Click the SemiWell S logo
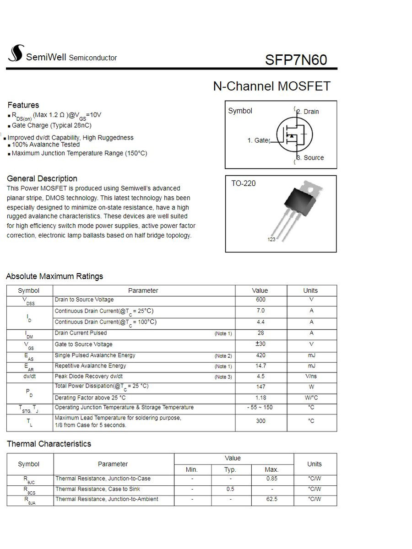(15, 54)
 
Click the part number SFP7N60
(296, 60)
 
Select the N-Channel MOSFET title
(271, 86)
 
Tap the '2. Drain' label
(308, 112)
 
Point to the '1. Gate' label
(258, 140)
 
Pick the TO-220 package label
(244, 183)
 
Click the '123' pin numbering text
(271, 240)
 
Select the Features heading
(23, 105)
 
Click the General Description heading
(42, 178)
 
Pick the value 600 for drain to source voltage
(260, 300)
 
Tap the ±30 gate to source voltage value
(260, 344)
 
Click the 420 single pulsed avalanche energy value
(260, 355)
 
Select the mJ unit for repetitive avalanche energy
(311, 366)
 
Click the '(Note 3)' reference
(223, 377)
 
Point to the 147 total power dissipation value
(260, 387)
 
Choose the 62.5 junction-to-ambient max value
(271, 499)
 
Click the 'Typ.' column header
(230, 470)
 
